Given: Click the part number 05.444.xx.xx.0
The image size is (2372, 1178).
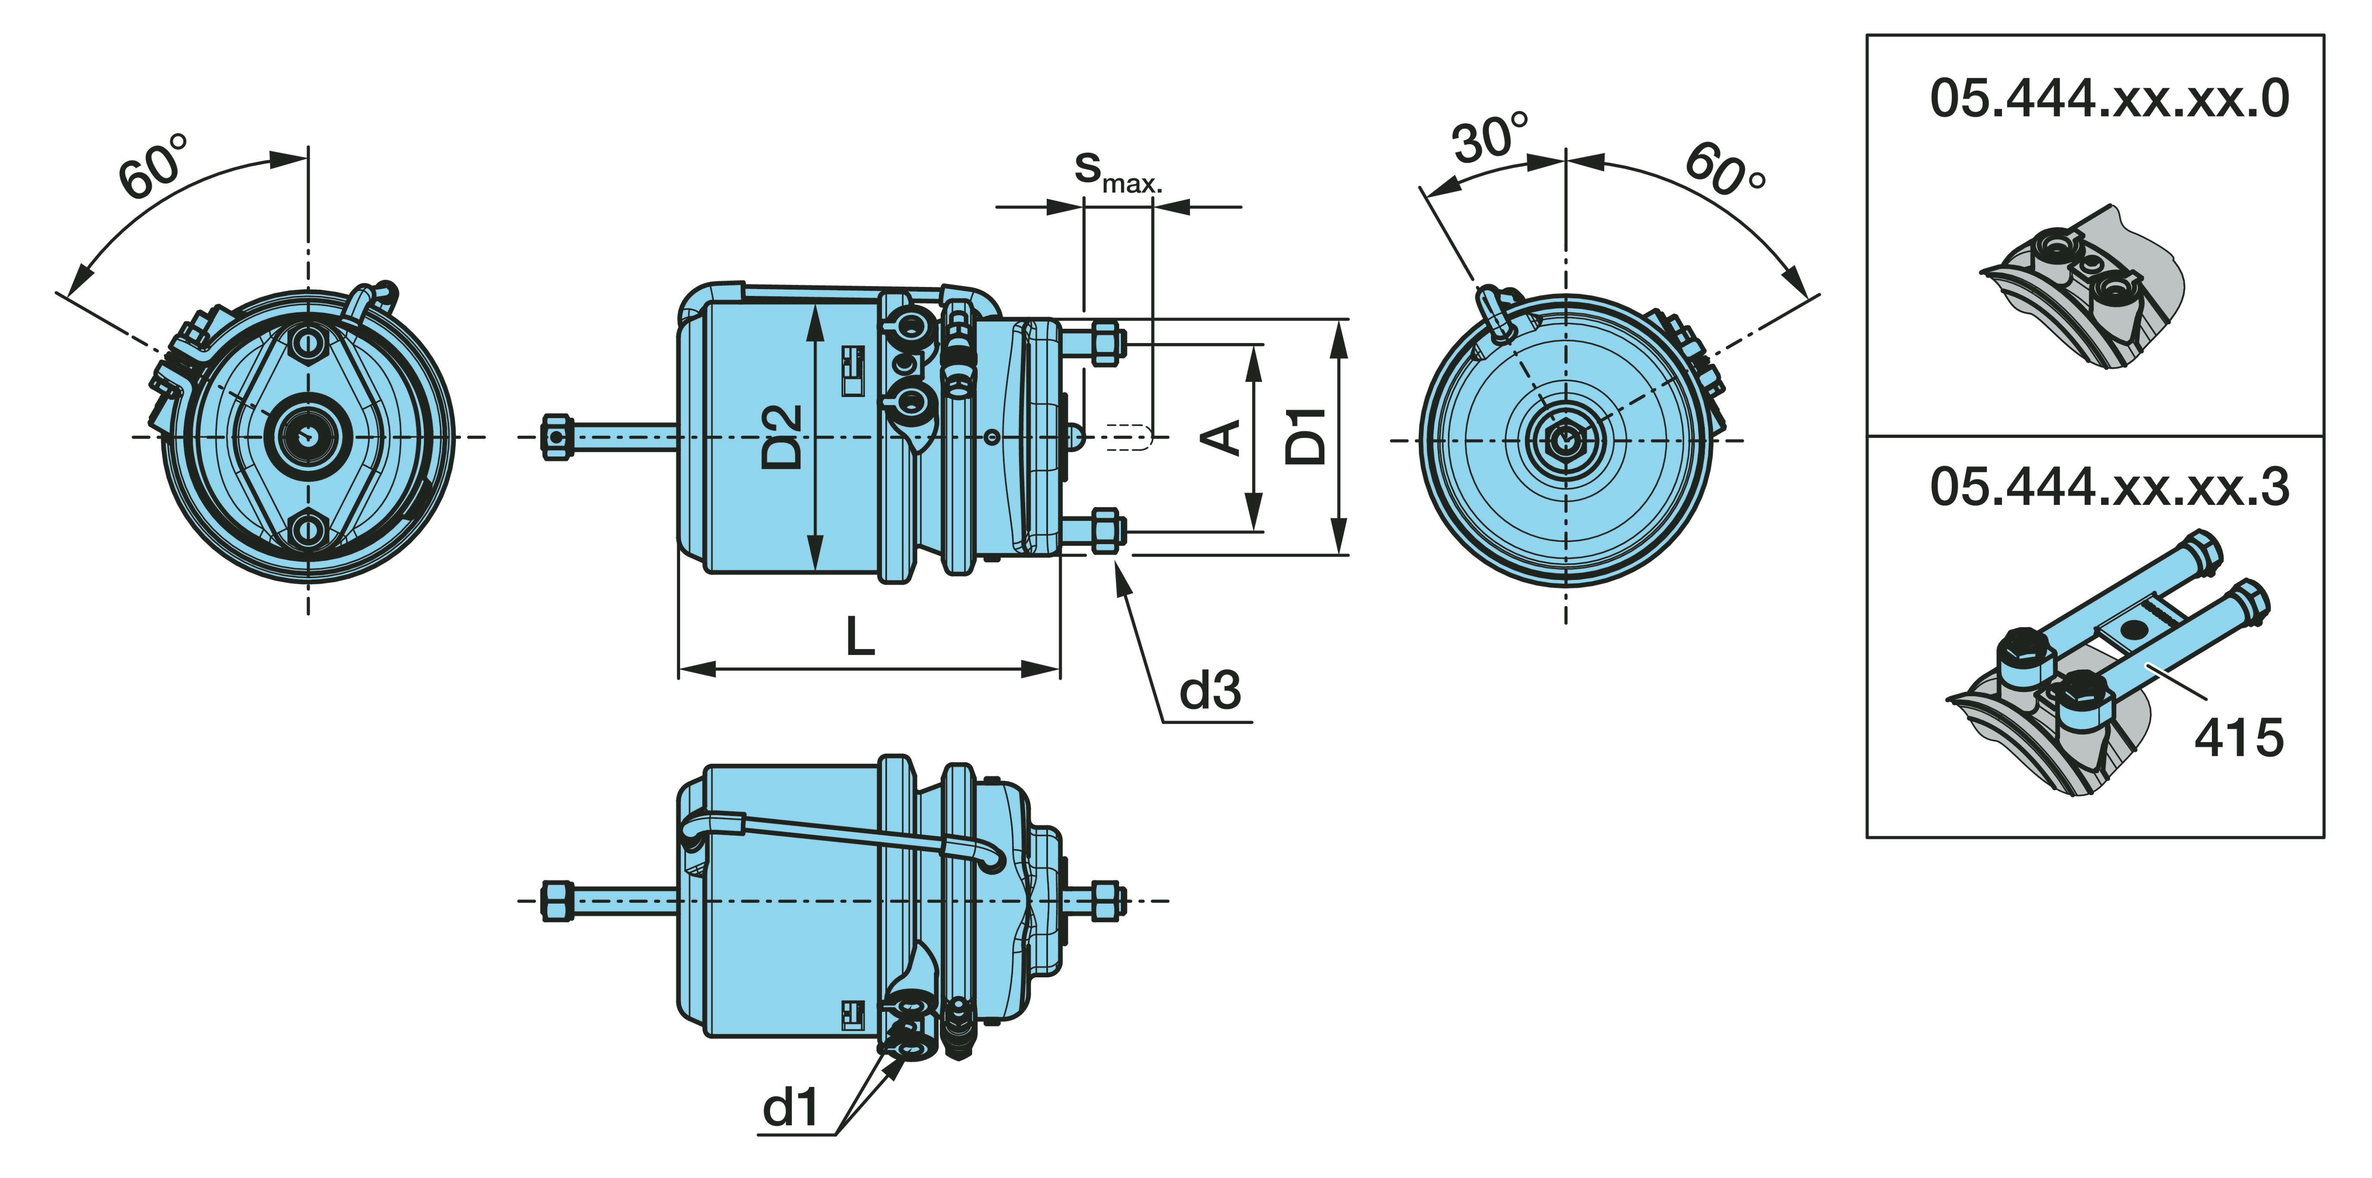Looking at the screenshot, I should [x=2108, y=98].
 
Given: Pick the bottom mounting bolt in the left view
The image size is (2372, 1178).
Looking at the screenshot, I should [x=307, y=530].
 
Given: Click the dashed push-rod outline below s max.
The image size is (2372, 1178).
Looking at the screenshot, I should [x=1128, y=436].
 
